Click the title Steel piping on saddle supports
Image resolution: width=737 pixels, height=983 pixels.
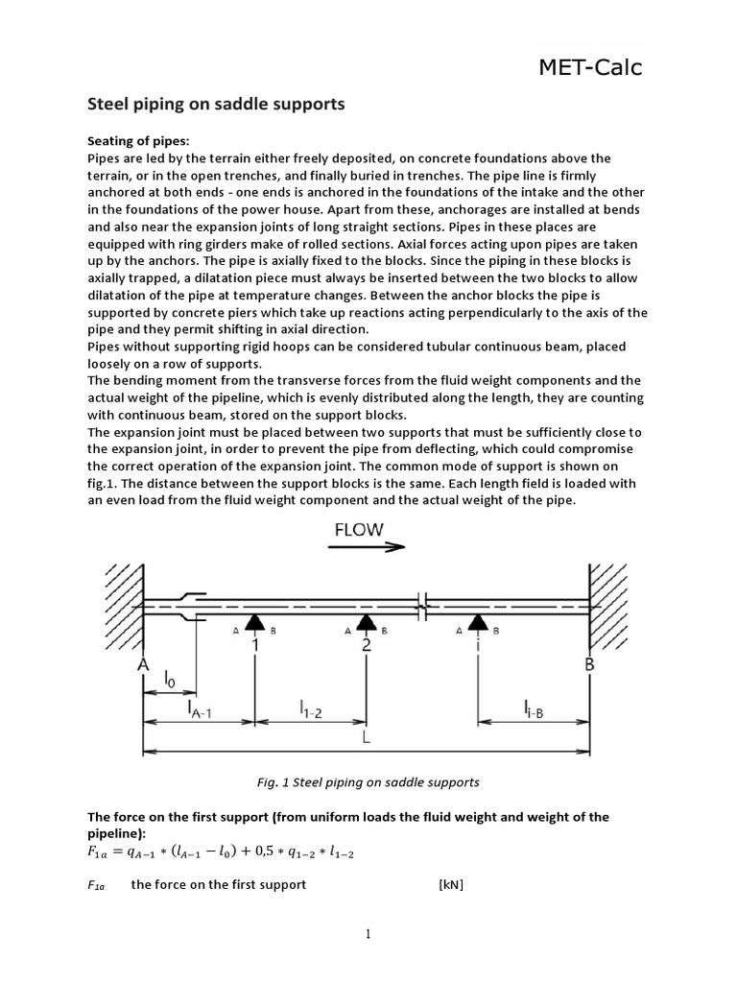click(x=216, y=103)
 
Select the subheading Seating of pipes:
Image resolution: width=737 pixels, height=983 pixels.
click(x=138, y=142)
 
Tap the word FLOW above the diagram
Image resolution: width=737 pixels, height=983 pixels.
click(x=359, y=529)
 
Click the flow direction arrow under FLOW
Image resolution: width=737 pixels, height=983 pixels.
click(x=366, y=548)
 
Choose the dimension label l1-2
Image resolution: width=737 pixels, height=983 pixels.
click(x=310, y=710)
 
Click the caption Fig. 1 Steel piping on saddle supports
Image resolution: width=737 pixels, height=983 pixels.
click(x=368, y=782)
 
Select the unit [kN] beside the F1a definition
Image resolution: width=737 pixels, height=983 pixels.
click(x=450, y=883)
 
